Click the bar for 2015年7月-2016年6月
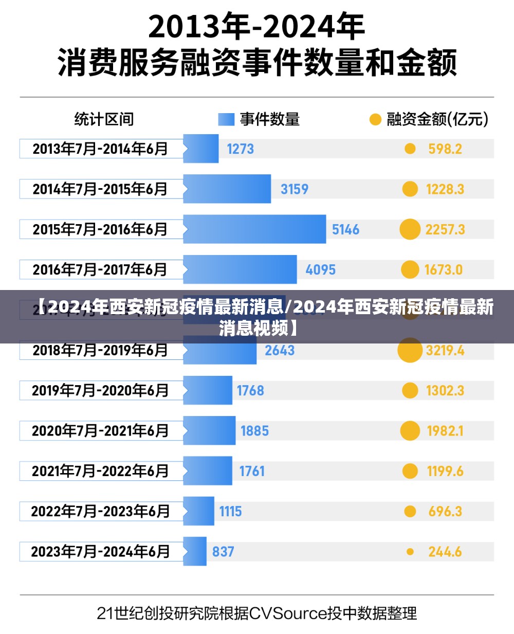pos(254,229)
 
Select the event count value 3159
pos(295,189)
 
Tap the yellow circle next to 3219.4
pos(410,350)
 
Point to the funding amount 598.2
pos(445,149)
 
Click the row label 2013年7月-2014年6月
pos(101,149)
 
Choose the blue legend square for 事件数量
pos(226,120)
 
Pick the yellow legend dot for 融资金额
pos(375,120)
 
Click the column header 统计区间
pos(104,120)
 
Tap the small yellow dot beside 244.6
pos(410,552)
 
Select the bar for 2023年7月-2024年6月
pos(195,552)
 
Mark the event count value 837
pos(223,552)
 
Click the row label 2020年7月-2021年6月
pos(101,431)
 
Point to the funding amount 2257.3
pos(445,229)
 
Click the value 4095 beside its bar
pos(320,269)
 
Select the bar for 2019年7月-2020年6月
pos(208,391)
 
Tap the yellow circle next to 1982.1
pos(410,431)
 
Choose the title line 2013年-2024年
pos(256,27)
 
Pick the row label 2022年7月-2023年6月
pos(101,512)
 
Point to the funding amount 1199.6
pos(445,471)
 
